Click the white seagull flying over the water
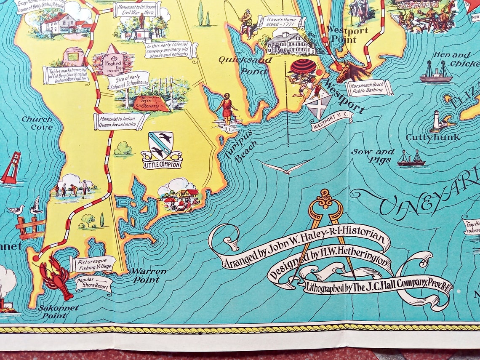[x=286, y=168]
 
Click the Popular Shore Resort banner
[x=93, y=283]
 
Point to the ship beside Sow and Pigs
[x=411, y=158]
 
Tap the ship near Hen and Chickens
[x=436, y=72]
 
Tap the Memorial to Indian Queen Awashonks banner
[x=121, y=121]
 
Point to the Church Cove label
[x=37, y=123]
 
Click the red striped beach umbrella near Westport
[x=303, y=67]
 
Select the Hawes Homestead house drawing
[x=291, y=43]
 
